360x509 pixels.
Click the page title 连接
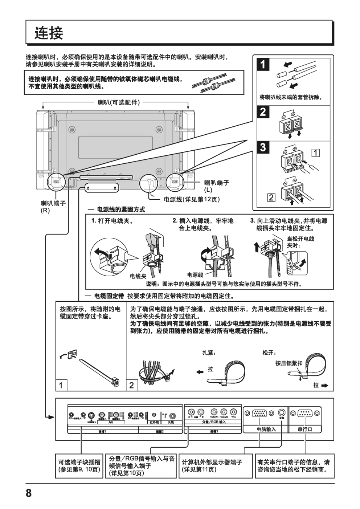click(x=49, y=33)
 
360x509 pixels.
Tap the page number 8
click(x=29, y=493)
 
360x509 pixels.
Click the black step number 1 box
click(x=263, y=65)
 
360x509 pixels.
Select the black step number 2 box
click(x=263, y=112)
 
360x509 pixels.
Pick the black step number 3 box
click(x=263, y=147)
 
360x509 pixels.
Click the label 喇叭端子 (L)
click(x=217, y=186)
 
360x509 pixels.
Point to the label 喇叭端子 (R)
click(x=53, y=207)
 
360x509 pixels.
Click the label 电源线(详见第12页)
click(x=192, y=199)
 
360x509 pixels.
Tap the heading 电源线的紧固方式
click(x=121, y=209)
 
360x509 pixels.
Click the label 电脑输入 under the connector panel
click(x=266, y=429)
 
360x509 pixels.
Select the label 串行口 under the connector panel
click(x=305, y=429)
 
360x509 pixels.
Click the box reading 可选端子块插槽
click(x=79, y=465)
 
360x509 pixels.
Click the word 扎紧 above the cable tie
click(x=209, y=353)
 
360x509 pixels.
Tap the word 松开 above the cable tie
click(x=269, y=353)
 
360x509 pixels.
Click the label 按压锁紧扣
click(x=289, y=363)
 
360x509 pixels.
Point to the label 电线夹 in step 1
click(x=138, y=276)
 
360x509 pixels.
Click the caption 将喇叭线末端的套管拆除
click(x=291, y=97)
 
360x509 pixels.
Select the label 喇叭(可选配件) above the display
click(x=119, y=102)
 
